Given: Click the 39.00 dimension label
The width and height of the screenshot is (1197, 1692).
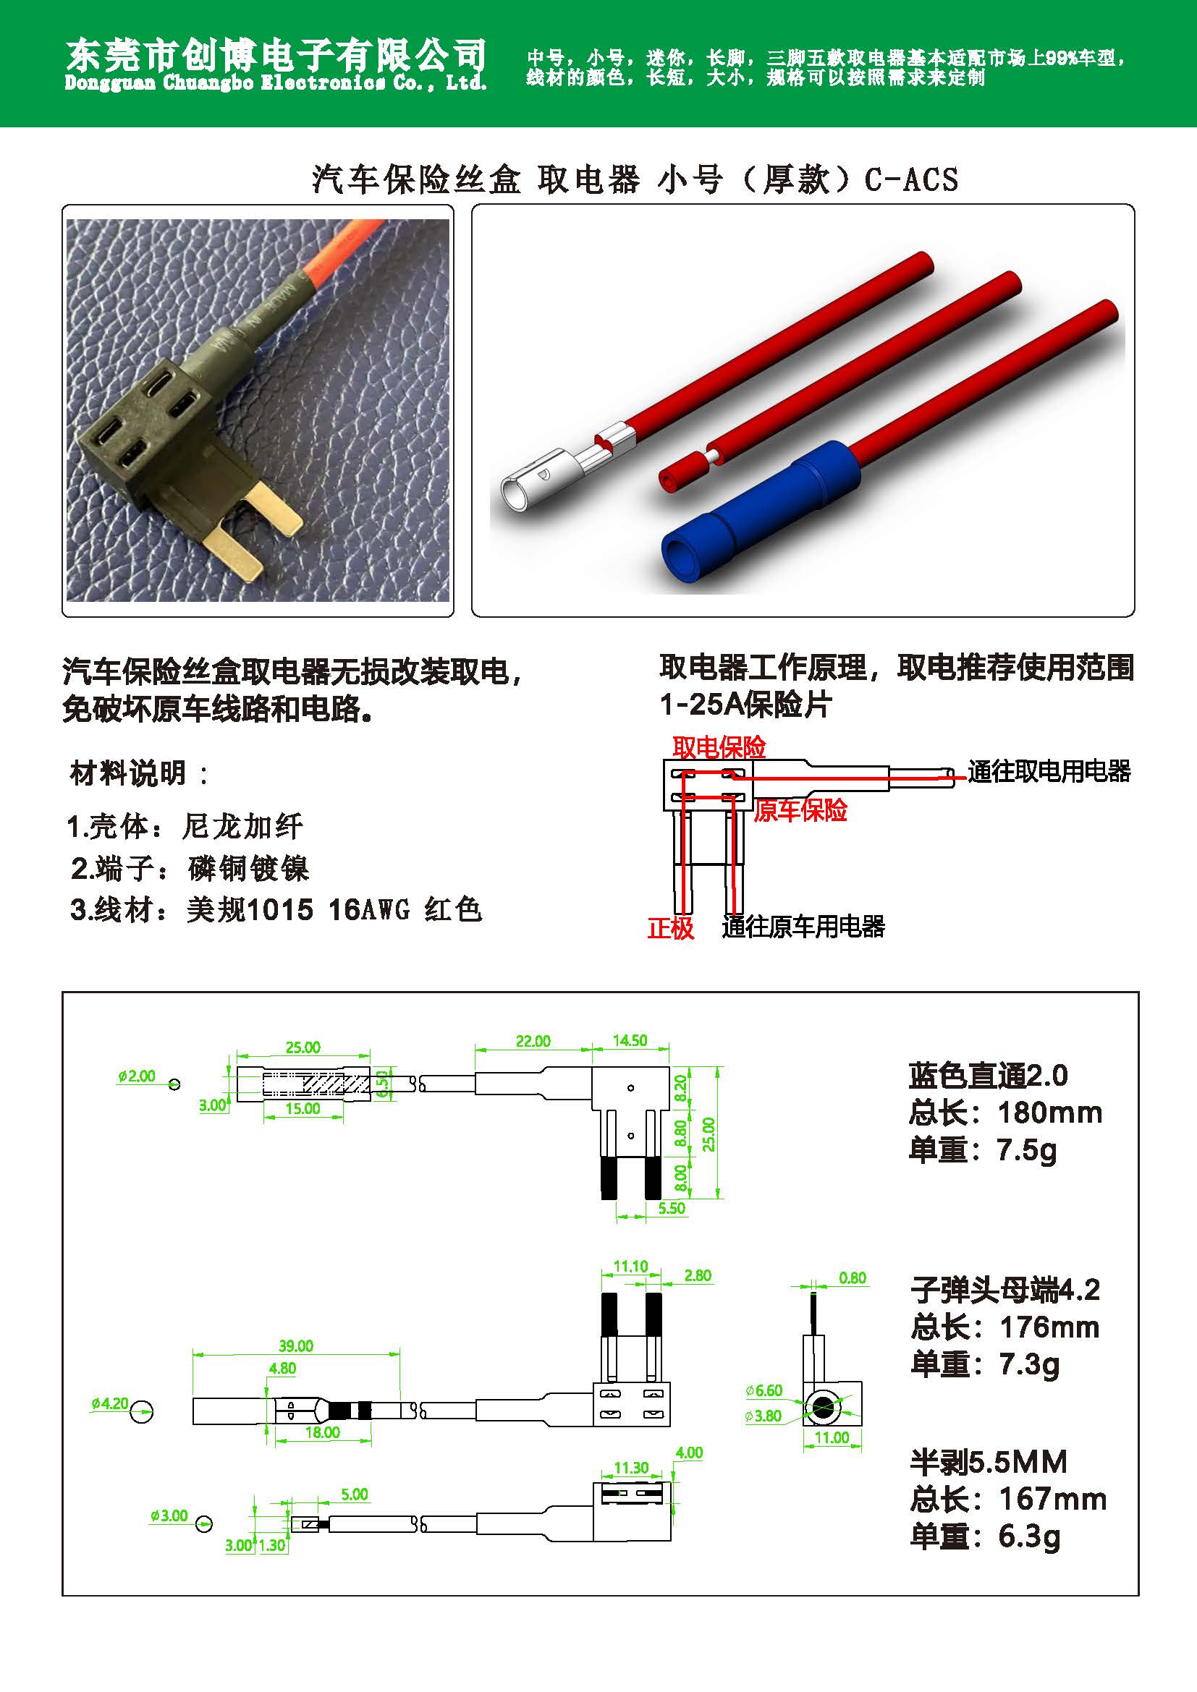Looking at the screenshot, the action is tap(295, 1345).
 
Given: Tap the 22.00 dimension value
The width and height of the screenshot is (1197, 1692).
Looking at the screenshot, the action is tap(533, 1040).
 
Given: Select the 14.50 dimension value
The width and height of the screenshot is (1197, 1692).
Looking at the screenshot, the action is tap(630, 1040).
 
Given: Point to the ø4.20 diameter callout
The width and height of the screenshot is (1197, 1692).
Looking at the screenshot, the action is tap(110, 1404).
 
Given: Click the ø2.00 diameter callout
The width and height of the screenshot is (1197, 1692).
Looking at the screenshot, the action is tap(136, 1076).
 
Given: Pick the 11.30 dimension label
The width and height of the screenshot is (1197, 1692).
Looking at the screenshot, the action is tap(632, 1468).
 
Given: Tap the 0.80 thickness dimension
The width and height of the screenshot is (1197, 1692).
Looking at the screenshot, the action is tap(852, 1277).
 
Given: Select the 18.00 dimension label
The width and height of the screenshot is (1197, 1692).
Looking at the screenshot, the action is tap(322, 1432).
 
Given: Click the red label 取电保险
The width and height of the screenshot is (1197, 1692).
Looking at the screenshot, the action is tap(719, 748).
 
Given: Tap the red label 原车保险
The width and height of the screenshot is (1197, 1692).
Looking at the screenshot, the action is tap(800, 811).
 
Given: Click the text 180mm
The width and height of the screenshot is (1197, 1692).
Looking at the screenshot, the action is tap(1049, 1113).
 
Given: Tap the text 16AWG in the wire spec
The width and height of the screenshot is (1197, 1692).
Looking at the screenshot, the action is tap(368, 909).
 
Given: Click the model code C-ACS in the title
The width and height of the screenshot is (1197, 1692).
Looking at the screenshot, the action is tap(911, 179).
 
